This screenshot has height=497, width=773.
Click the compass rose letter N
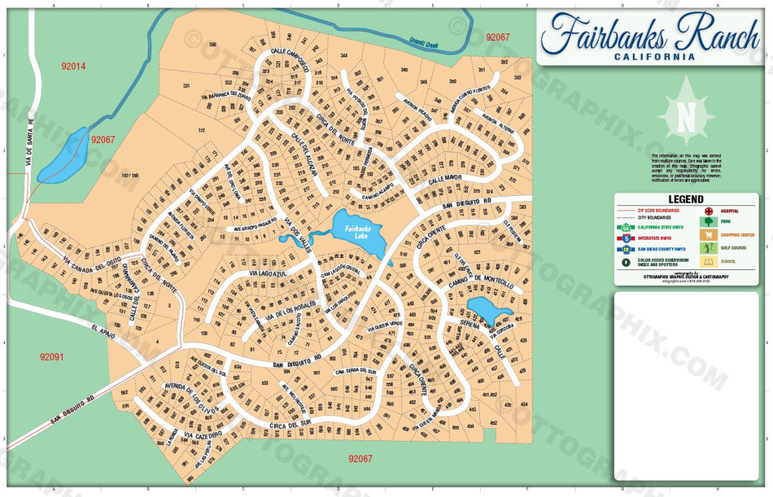[x=686, y=117]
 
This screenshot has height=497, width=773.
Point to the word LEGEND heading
[x=686, y=199]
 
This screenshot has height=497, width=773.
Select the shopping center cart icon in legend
[x=709, y=235]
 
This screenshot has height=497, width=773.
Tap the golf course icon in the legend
[x=709, y=248]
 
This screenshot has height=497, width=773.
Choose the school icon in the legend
[x=709, y=262]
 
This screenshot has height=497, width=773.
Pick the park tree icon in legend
[x=709, y=221]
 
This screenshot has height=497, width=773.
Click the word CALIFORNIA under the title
[x=654, y=57]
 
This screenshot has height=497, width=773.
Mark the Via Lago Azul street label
[x=253, y=277]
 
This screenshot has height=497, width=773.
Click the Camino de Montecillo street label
[x=481, y=286]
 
